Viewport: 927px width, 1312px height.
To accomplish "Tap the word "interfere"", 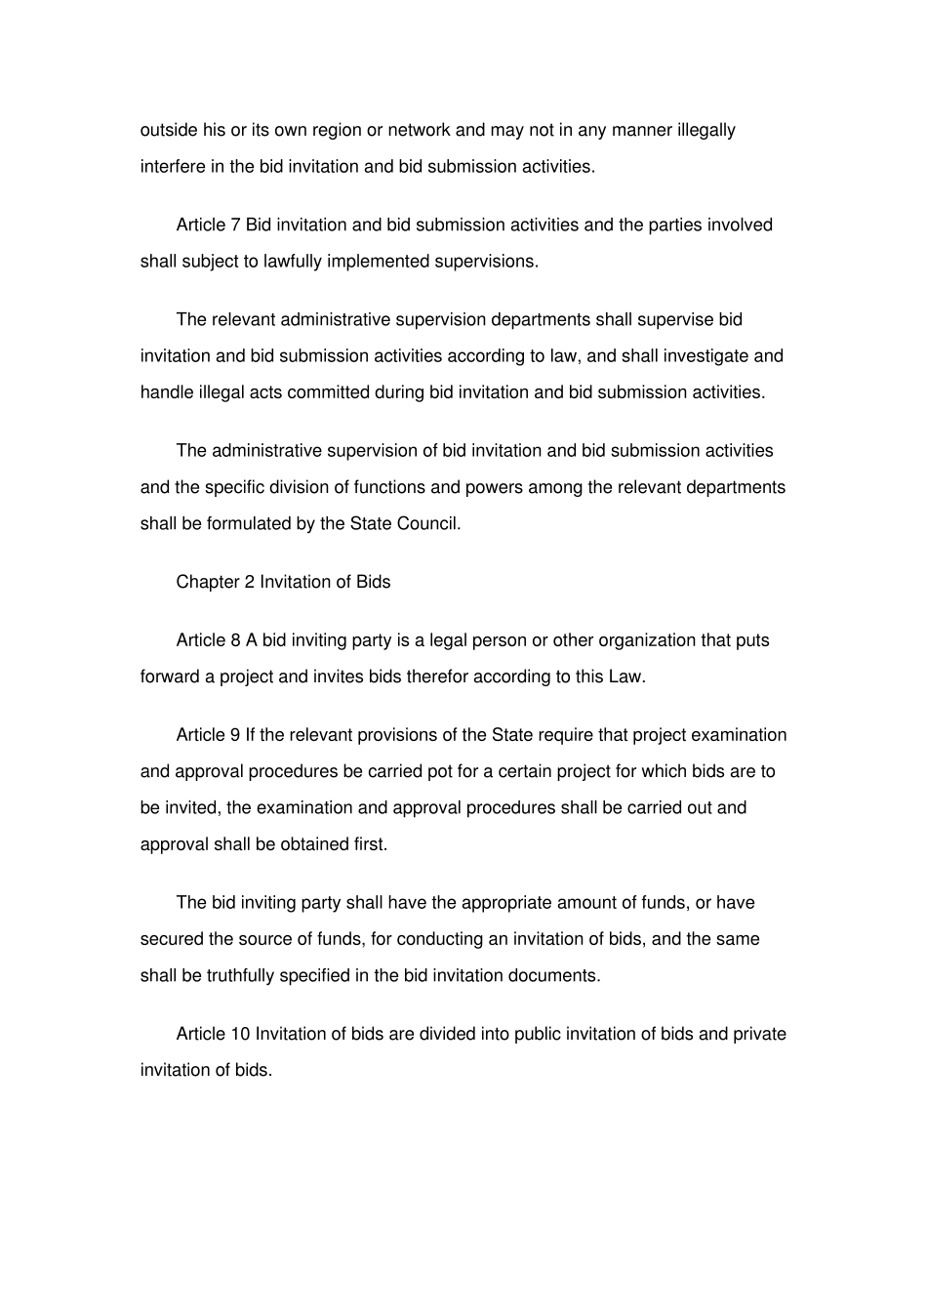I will coord(173,166).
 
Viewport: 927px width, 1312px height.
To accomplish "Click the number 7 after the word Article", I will coord(235,225).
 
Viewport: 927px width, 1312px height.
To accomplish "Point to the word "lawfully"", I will coord(295,261).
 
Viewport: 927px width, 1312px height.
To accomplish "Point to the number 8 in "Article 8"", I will coord(235,640).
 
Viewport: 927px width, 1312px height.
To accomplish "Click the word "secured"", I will coord(172,938).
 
